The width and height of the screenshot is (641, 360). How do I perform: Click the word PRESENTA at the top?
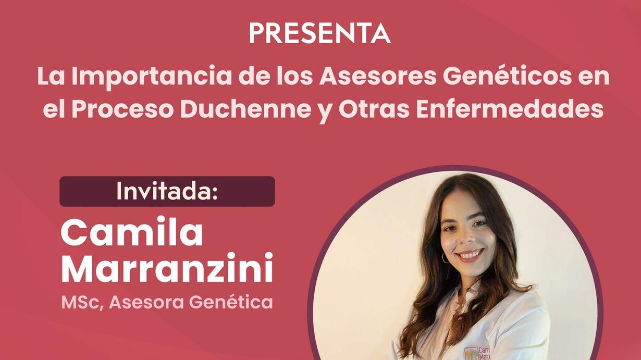coord(319,33)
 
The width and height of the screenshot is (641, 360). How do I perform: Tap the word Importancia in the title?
coord(151,77)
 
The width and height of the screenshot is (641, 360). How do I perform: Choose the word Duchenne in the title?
coord(245,109)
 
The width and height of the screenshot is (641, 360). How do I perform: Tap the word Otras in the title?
coord(374,109)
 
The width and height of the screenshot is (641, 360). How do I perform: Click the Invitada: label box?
coord(167,191)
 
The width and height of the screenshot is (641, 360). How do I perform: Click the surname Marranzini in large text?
coord(167,268)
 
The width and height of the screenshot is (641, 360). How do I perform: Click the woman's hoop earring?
coord(445,258)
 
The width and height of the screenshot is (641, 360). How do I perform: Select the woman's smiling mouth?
coord(470,254)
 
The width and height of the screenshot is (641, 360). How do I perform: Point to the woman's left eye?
coord(479,224)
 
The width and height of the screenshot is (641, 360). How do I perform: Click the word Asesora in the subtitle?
coord(146,302)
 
